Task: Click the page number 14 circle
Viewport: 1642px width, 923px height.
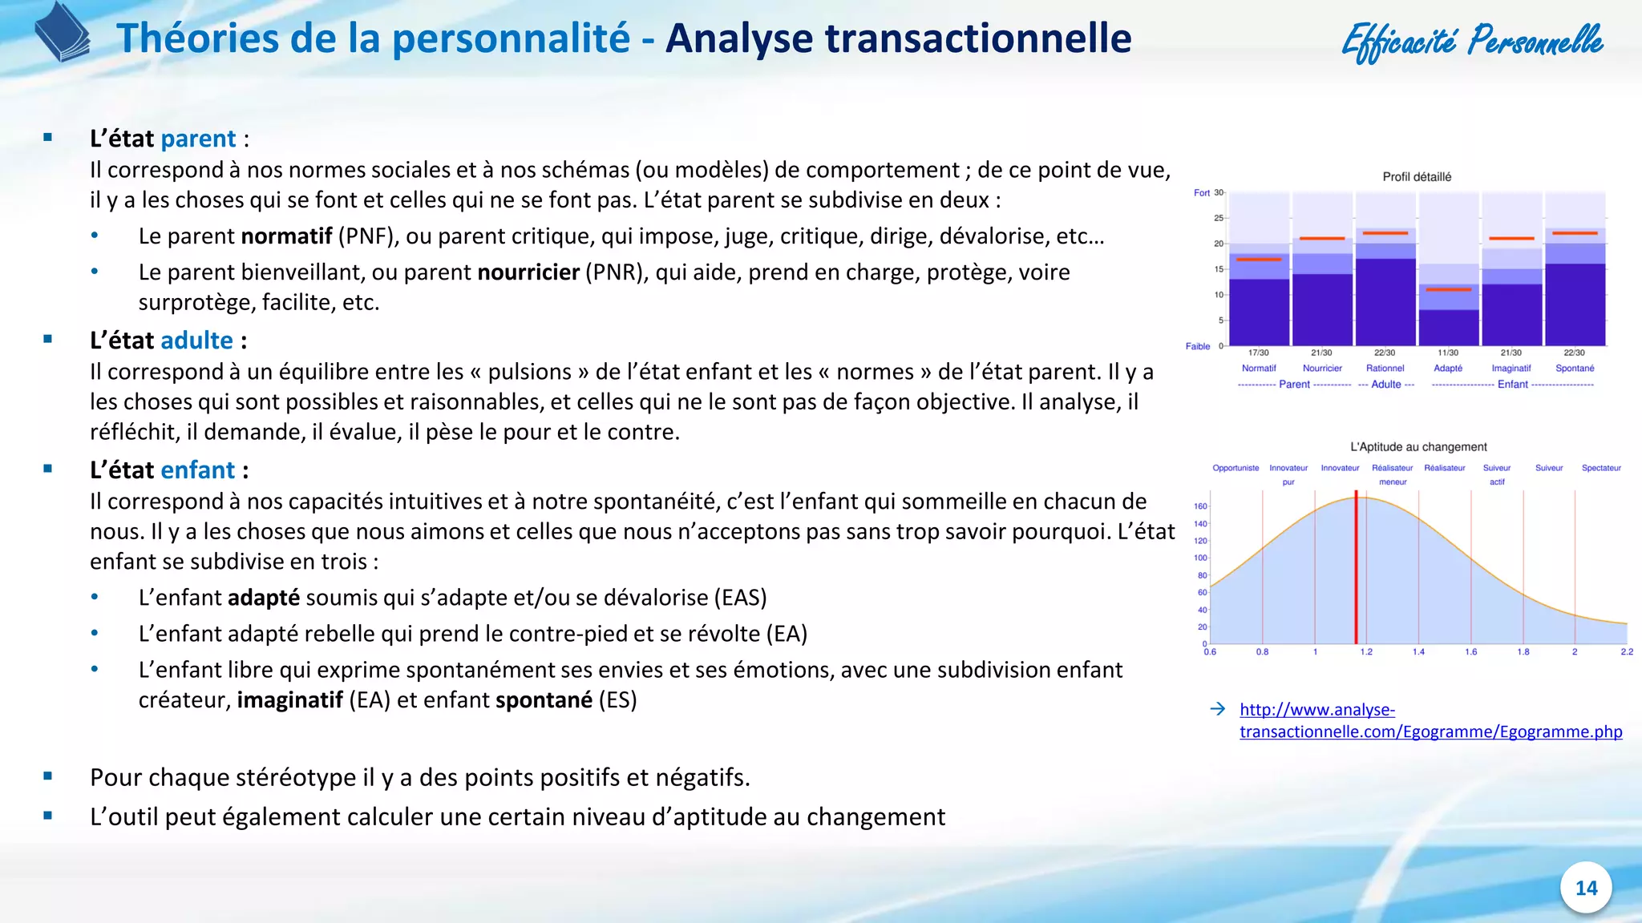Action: coord(1586,888)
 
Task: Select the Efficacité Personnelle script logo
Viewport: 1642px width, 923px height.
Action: coord(1472,40)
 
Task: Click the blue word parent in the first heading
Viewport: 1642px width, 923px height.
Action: coord(198,139)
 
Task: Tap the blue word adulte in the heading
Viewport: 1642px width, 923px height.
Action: coord(196,341)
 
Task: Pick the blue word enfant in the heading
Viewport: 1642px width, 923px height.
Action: coord(197,470)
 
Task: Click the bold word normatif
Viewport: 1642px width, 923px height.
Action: coord(286,236)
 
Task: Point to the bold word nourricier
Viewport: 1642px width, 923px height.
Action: coord(528,272)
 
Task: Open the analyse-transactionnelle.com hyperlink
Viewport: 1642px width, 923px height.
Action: coord(1430,720)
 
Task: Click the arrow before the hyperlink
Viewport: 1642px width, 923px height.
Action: coord(1218,709)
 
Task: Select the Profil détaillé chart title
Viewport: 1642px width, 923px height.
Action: coord(1417,177)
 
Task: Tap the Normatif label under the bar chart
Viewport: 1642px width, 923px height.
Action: coord(1259,369)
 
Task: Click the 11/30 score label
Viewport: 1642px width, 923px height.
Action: coord(1448,353)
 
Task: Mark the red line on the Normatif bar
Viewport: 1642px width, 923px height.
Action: coord(1259,260)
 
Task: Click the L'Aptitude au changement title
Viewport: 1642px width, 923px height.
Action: coord(1418,447)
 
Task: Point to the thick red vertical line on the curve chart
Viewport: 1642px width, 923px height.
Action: coord(1356,569)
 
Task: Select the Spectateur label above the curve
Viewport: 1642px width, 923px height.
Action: coord(1601,468)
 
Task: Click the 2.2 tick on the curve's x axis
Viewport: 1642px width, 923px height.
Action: coord(1627,652)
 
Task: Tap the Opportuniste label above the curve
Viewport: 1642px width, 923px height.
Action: coord(1236,468)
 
